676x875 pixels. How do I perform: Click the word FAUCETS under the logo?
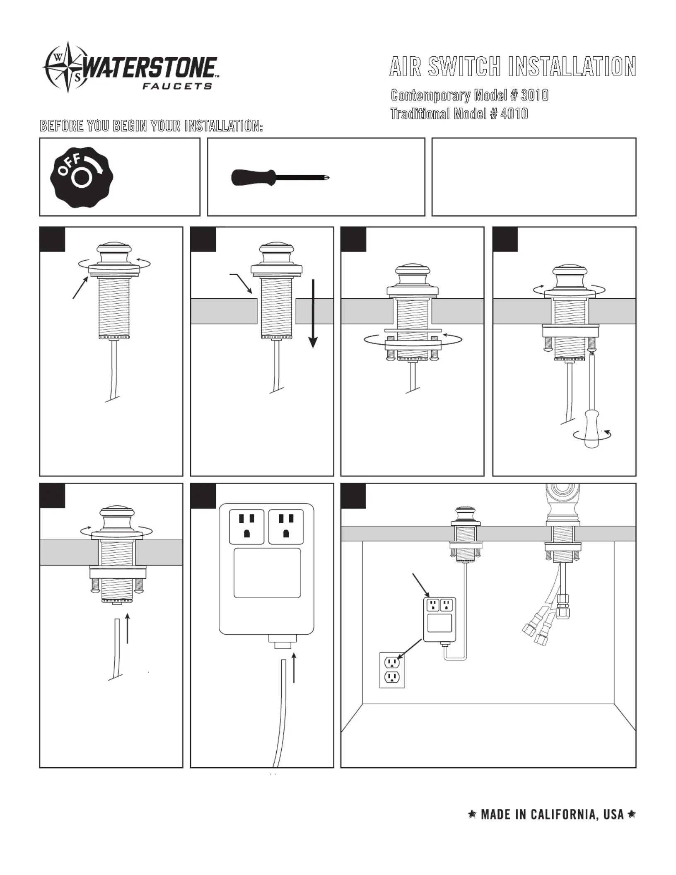tap(177, 86)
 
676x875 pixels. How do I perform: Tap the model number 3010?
tap(534, 96)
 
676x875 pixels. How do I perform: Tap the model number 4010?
tap(514, 114)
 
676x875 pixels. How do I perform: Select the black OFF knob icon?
tap(82, 177)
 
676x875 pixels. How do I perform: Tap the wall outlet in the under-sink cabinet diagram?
tap(392, 670)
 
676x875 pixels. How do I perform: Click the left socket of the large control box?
tap(246, 526)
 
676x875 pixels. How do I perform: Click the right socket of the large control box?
tap(286, 526)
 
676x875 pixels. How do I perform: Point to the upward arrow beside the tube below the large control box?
tap(294, 667)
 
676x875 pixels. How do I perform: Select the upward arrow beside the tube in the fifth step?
tap(128, 628)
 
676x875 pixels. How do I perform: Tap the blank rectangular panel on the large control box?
tap(267, 573)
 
